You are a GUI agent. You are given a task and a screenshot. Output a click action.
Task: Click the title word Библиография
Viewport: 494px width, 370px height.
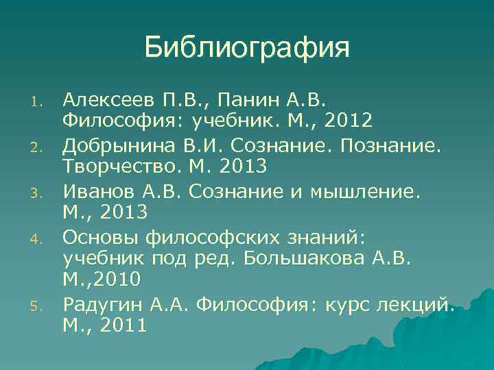pyautogui.click(x=247, y=47)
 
